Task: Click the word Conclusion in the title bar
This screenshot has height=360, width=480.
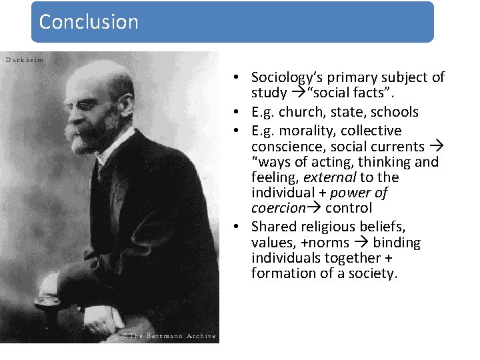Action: (89, 21)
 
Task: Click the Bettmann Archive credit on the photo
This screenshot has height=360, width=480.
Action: (168, 336)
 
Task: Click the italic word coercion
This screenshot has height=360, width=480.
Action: (278, 208)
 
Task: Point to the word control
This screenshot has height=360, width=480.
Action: (349, 208)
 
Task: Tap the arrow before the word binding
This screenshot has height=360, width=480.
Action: (365, 243)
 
